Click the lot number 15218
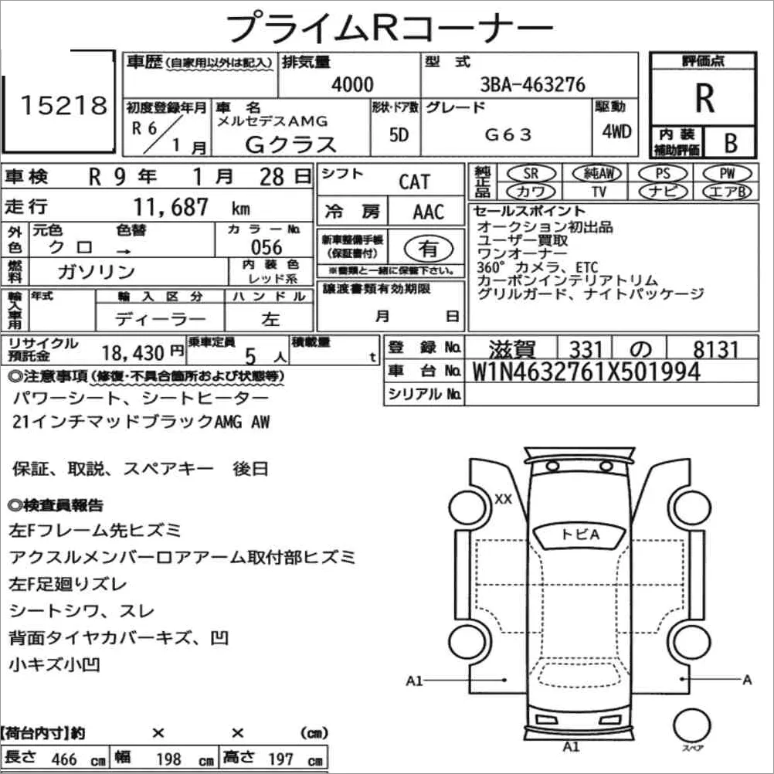[x=63, y=105]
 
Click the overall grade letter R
[x=704, y=98]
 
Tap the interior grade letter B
[x=731, y=143]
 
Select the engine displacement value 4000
[x=352, y=84]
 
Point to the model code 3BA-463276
[x=533, y=84]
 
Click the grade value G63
[x=508, y=134]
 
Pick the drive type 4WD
[x=616, y=131]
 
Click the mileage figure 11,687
[x=171, y=207]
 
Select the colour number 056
[x=266, y=247]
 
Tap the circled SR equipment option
[x=531, y=173]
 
